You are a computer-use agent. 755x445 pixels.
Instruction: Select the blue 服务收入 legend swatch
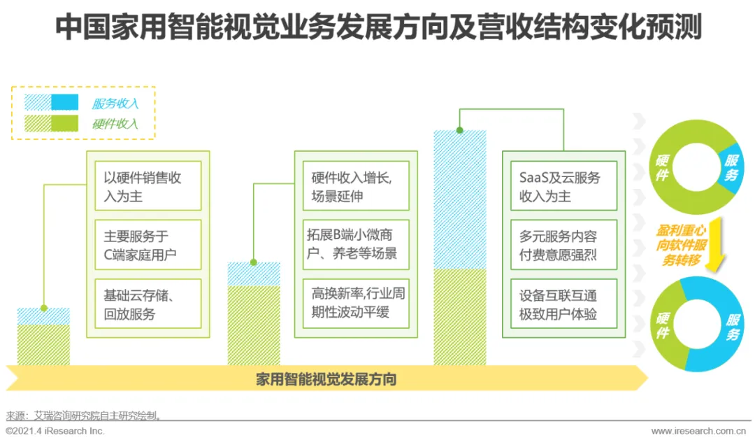[51, 103]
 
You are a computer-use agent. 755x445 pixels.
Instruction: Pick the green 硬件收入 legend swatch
[51, 124]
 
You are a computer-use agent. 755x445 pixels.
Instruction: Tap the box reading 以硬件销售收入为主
[148, 186]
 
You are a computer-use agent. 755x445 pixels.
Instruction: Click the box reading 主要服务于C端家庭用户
[148, 245]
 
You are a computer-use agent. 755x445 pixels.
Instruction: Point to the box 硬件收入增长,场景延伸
[356, 186]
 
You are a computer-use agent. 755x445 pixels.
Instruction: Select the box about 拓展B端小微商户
[356, 245]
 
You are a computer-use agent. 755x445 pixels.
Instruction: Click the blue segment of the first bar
[43, 316]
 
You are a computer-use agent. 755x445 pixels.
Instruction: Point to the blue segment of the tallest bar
[460, 200]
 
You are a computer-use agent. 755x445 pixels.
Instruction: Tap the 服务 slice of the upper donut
[731, 169]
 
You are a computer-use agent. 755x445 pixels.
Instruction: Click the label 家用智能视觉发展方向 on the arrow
[326, 380]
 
